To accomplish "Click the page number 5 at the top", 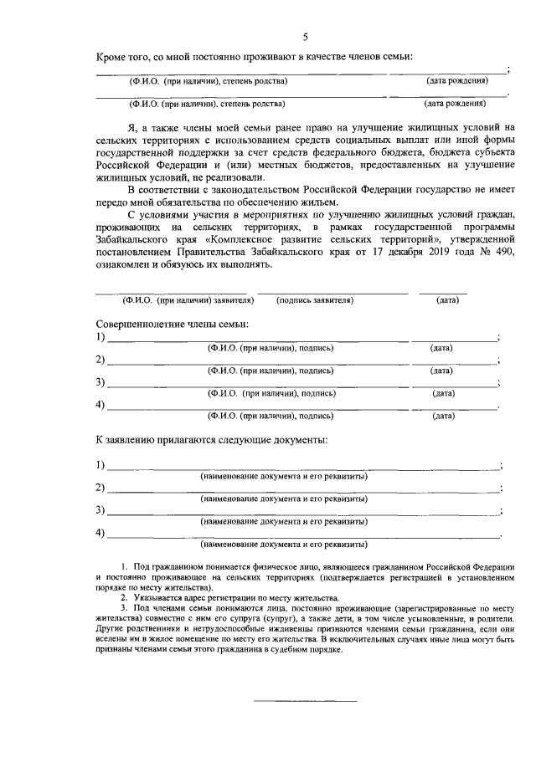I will (x=306, y=37).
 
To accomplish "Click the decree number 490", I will (x=502, y=252).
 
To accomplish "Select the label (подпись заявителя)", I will (x=315, y=299).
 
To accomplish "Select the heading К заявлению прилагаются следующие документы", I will (x=210, y=439).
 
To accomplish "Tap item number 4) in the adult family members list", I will (x=100, y=406).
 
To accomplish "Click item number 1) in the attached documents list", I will (x=100, y=465).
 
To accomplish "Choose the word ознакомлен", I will (x=126, y=265).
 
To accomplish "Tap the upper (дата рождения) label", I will (x=456, y=81).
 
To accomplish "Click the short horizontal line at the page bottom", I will (x=305, y=699).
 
